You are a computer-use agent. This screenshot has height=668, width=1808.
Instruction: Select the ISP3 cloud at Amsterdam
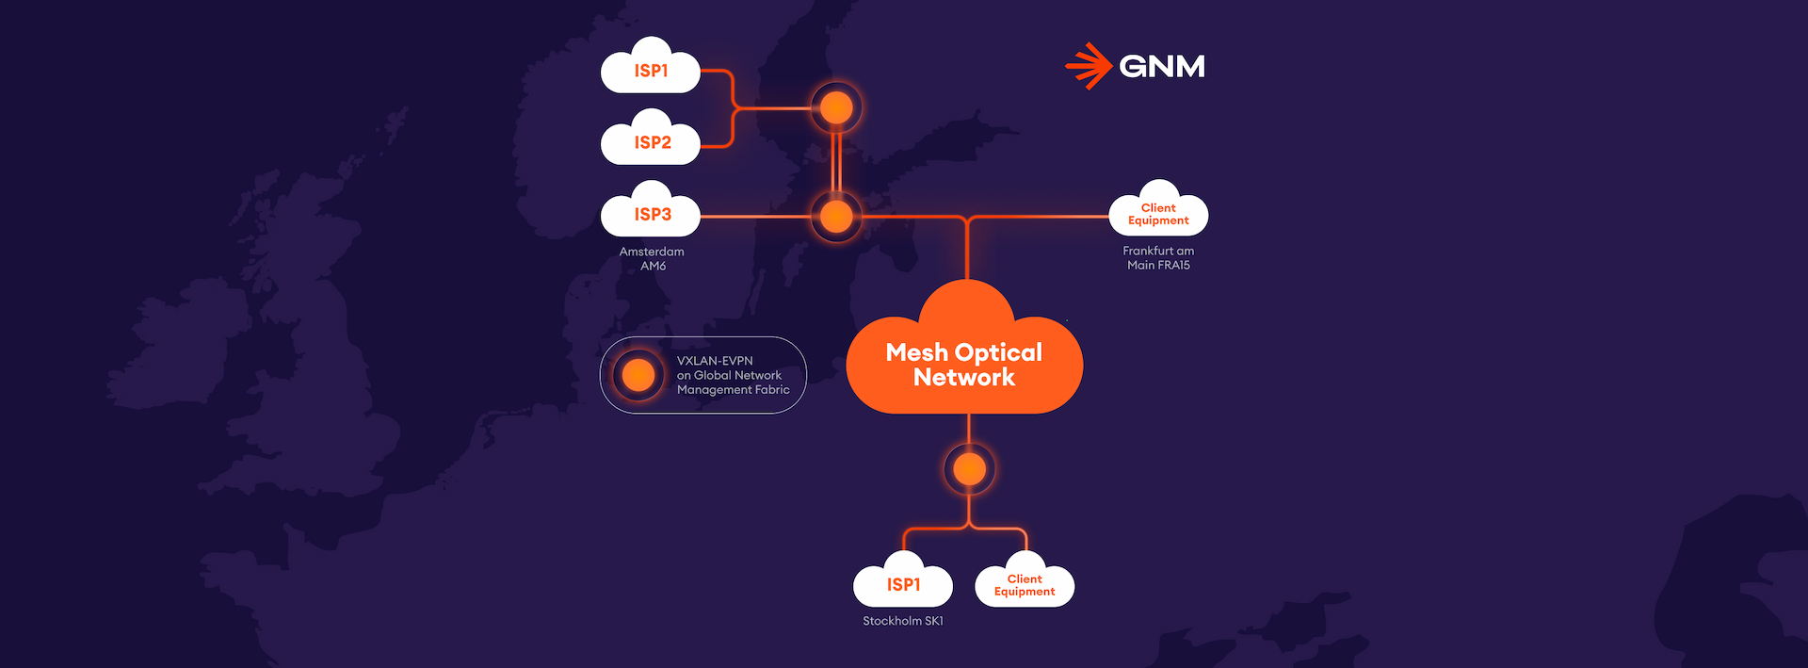point(651,215)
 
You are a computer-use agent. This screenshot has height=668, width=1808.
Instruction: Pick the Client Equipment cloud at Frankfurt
point(1158,214)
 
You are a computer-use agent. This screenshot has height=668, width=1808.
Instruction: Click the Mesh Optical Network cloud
point(964,363)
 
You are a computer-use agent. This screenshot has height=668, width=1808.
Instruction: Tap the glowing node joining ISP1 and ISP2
point(836,108)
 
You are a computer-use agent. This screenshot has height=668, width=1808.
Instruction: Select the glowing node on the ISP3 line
point(836,217)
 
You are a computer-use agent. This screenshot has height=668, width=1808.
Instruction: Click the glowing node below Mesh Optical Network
point(969,468)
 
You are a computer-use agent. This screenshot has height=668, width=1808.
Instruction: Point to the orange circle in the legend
point(638,375)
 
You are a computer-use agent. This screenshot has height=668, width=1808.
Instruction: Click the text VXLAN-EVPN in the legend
point(715,361)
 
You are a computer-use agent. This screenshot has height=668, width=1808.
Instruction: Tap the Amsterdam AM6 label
point(652,258)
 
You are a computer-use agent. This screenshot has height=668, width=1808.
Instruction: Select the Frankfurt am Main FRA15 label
point(1158,257)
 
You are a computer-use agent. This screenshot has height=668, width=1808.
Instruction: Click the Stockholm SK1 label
point(902,621)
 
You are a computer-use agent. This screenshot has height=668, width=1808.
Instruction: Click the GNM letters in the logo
point(1162,66)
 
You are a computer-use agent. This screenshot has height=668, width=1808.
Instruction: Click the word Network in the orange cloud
point(964,378)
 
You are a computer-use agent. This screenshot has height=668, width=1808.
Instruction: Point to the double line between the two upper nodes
point(836,162)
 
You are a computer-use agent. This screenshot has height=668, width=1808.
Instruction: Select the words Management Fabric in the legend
point(733,389)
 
